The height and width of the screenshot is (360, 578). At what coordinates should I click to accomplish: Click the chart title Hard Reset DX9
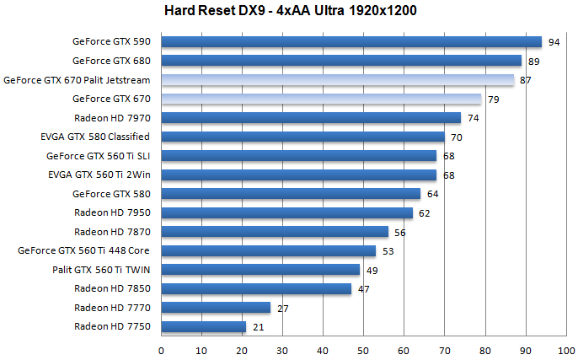tap(290, 11)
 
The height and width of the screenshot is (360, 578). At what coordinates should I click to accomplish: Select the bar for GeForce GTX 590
tap(351, 41)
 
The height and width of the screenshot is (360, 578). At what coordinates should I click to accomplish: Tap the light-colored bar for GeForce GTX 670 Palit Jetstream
tap(337, 80)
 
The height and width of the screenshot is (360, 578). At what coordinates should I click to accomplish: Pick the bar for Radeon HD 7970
tap(311, 118)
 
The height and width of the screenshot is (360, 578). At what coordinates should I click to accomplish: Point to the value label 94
tap(554, 41)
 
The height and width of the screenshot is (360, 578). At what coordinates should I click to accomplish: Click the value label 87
tap(525, 80)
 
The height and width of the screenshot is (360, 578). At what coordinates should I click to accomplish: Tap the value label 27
tap(283, 309)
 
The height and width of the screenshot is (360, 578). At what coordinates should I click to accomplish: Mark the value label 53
tap(388, 251)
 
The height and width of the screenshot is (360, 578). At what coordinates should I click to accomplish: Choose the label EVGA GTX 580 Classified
tap(94, 137)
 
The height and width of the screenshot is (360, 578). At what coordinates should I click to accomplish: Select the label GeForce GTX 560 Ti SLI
tap(98, 156)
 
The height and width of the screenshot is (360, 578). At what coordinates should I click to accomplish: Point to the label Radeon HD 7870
tap(112, 232)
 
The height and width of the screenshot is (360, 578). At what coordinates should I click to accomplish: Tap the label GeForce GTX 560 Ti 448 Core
tap(83, 250)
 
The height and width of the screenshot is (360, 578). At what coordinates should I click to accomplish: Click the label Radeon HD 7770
tap(112, 308)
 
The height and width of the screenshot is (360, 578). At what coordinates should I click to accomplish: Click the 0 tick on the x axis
tap(161, 347)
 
